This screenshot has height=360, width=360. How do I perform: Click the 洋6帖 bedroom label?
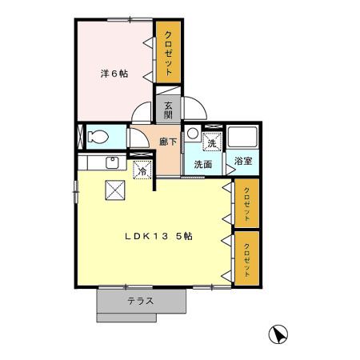click(114, 74)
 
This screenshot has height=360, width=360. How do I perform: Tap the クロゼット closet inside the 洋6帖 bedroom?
click(169, 51)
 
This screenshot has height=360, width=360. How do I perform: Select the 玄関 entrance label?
click(168, 110)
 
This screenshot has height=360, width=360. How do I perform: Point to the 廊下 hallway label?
click(168, 142)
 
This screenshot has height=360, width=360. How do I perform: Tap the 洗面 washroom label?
click(203, 164)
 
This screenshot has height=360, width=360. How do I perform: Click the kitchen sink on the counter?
click(112, 165)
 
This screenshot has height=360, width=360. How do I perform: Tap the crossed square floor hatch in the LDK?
click(115, 190)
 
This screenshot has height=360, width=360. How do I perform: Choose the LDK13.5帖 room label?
click(157, 237)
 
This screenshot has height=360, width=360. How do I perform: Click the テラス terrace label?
click(141, 302)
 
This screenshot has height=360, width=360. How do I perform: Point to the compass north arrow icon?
click(278, 334)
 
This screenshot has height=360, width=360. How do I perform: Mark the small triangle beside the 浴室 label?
click(230, 170)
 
